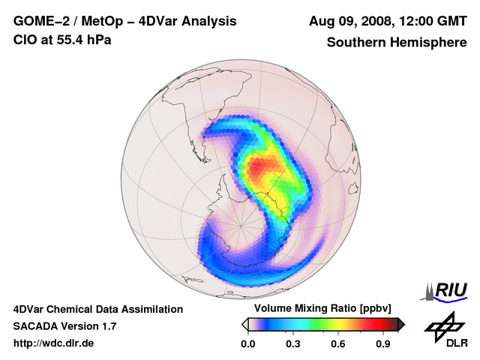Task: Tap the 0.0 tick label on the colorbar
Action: (x=247, y=344)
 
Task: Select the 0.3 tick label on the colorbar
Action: (x=293, y=344)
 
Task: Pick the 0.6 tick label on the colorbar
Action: (x=339, y=344)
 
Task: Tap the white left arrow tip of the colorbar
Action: (x=244, y=324)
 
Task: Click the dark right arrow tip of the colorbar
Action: (x=402, y=324)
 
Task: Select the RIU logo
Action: (x=447, y=290)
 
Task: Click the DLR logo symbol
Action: (x=442, y=327)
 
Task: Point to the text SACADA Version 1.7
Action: (x=64, y=326)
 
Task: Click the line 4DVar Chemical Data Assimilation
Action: (x=97, y=309)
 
